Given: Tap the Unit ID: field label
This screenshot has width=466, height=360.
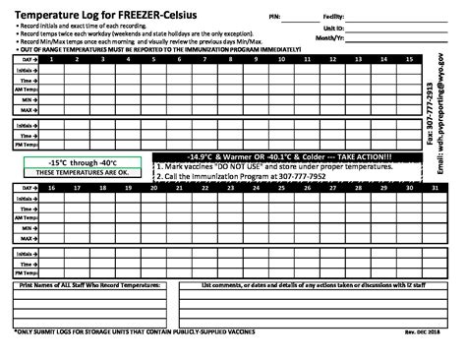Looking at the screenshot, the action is [358, 30].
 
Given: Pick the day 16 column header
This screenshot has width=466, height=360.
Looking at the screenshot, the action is [50, 187].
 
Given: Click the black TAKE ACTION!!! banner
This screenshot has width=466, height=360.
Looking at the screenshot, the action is [288, 157].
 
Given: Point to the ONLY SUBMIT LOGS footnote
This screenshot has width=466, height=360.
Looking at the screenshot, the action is [128, 330].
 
